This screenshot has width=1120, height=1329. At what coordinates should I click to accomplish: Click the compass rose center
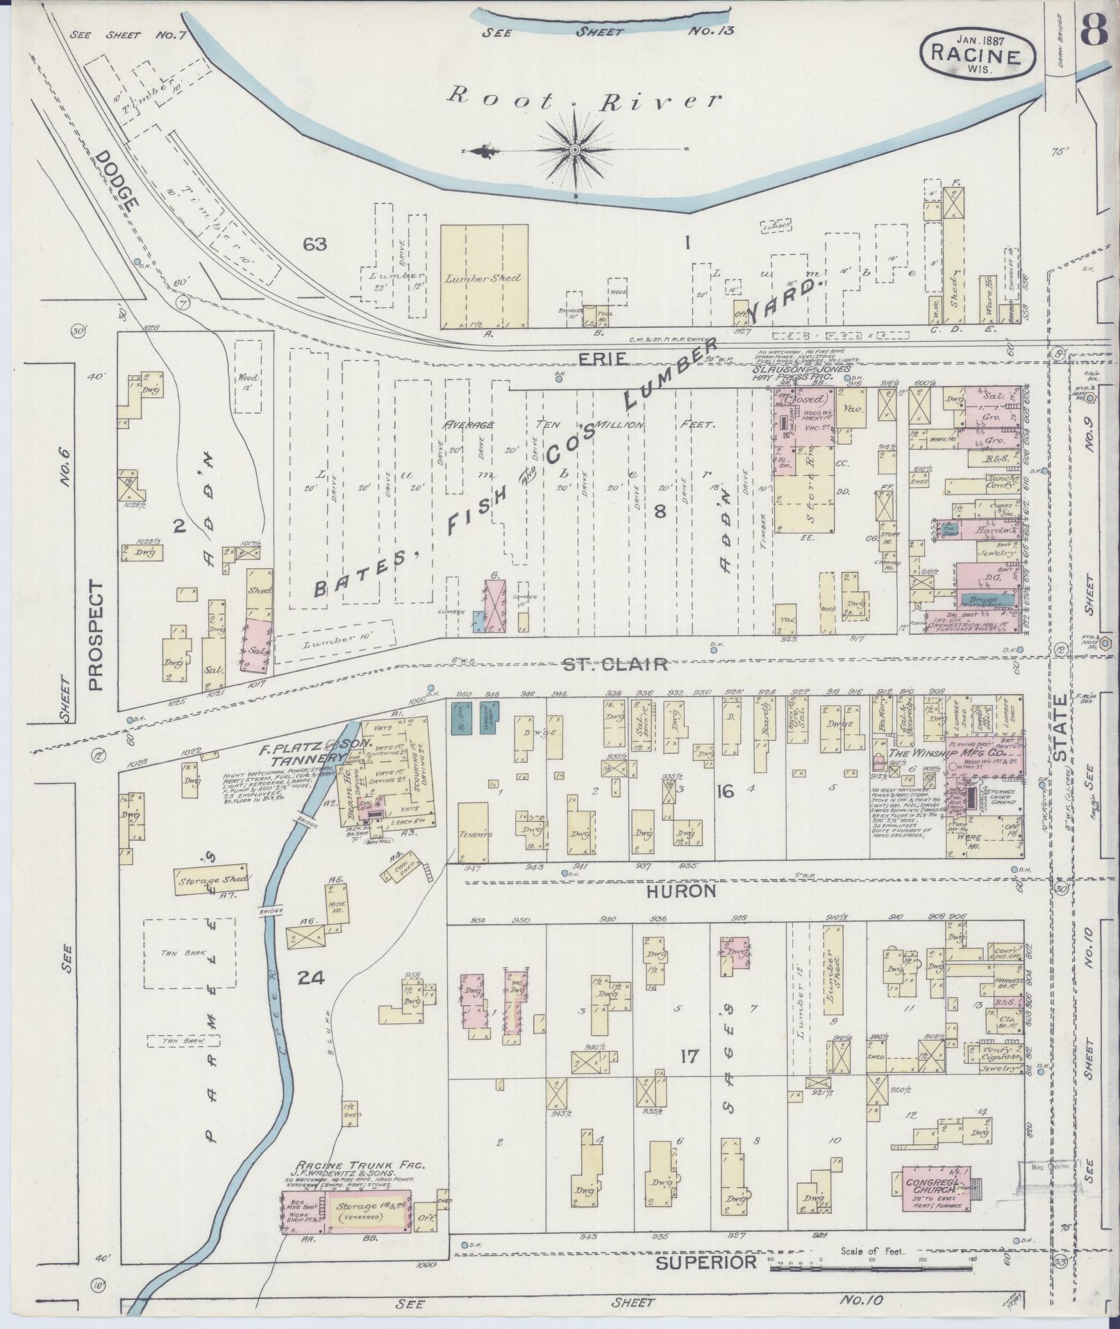(576, 150)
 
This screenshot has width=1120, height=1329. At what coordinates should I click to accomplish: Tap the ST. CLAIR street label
(615, 663)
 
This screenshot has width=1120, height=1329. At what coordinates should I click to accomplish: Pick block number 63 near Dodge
(315, 244)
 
